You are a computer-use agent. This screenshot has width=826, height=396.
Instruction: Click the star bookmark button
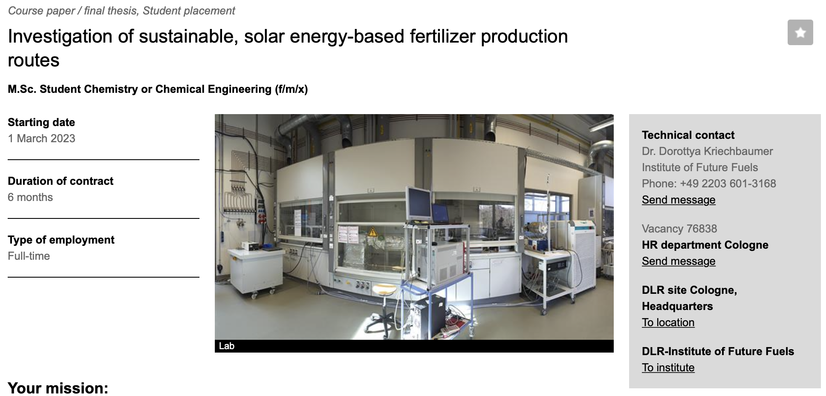(x=800, y=32)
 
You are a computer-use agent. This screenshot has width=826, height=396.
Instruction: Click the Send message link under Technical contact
(x=679, y=200)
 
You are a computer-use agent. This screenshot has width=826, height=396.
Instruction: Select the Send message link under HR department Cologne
(x=679, y=261)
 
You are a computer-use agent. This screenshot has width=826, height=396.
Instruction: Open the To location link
(x=668, y=322)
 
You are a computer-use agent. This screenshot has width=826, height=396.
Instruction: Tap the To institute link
(x=668, y=367)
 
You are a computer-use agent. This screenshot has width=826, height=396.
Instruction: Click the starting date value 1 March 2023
(x=41, y=138)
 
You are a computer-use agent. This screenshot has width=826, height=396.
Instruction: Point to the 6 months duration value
(x=30, y=197)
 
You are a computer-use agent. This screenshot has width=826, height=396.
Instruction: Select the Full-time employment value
(x=29, y=256)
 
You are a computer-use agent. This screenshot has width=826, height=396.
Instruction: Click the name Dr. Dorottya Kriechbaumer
(x=707, y=151)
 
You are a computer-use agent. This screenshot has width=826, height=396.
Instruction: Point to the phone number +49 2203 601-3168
(x=728, y=184)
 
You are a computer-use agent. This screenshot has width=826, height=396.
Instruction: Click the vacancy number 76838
(x=702, y=229)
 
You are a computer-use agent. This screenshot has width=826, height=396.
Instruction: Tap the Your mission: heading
(x=58, y=388)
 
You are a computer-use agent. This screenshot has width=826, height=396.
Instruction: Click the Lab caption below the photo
(x=226, y=346)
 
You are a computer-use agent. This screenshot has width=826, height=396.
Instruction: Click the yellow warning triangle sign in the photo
(x=373, y=232)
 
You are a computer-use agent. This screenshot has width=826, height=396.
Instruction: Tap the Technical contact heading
(x=688, y=135)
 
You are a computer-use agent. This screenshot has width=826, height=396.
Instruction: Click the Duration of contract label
(x=61, y=181)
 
